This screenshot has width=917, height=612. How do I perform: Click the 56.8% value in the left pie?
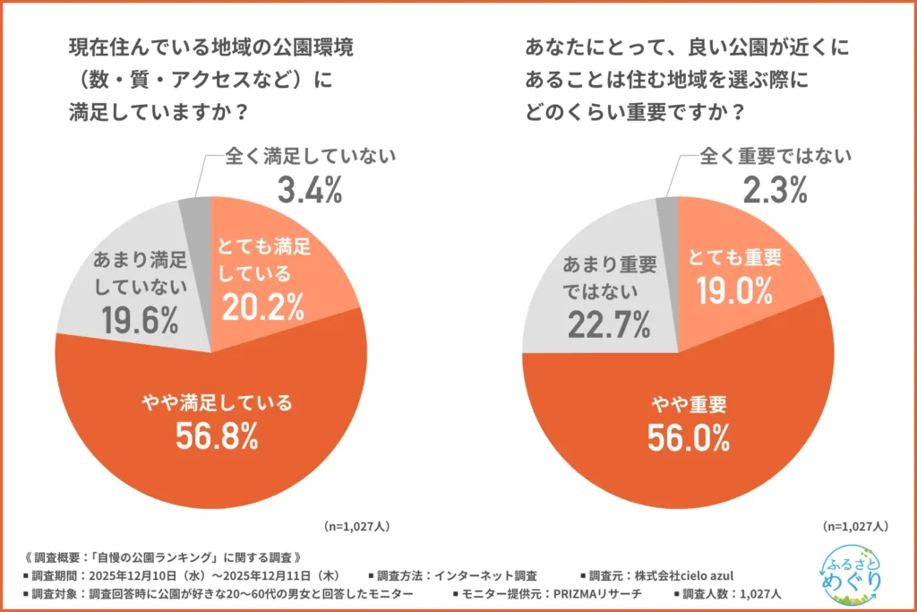click(x=212, y=435)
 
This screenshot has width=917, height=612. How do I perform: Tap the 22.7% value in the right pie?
click(x=608, y=323)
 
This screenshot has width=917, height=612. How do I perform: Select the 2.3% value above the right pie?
click(x=766, y=190)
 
